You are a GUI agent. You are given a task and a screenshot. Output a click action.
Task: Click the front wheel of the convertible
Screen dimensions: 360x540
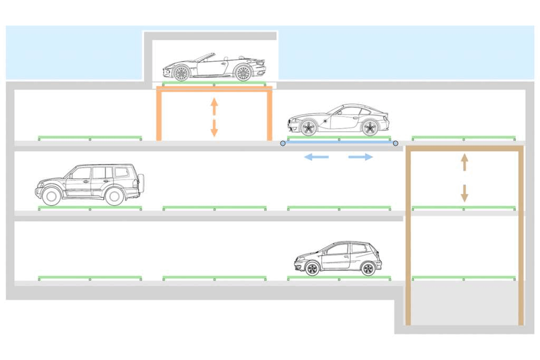click(181, 73)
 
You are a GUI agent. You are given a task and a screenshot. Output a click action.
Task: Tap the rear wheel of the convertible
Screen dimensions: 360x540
click(243, 73)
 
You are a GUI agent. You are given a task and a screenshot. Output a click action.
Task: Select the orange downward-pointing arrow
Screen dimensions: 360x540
click(214, 128)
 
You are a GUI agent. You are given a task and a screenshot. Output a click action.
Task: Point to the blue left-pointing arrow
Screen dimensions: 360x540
click(316, 157)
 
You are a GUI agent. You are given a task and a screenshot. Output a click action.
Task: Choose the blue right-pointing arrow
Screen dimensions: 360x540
click(361, 157)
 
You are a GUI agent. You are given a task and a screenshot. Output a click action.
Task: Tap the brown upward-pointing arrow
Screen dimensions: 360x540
click(464, 162)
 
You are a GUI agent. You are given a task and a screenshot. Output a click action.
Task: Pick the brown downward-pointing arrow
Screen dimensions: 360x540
click(464, 193)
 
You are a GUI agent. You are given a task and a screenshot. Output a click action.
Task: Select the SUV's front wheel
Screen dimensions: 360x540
click(52, 196)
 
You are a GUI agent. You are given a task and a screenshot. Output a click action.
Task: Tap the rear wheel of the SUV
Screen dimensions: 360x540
click(114, 196)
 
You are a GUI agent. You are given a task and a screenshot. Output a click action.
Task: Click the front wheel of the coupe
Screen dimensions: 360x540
click(308, 127)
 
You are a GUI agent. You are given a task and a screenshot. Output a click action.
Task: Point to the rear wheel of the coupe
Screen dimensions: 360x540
click(370, 127)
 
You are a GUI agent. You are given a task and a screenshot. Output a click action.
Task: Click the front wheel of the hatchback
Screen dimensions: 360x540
click(312, 268)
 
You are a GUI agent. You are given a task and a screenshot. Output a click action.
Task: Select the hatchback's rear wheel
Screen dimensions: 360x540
click(368, 268)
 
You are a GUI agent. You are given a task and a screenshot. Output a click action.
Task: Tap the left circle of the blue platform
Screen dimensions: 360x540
click(283, 143)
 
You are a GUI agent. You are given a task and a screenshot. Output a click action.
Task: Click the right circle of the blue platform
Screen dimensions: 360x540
click(396, 143)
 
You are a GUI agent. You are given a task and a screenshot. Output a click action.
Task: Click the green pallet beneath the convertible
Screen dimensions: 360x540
click(214, 83)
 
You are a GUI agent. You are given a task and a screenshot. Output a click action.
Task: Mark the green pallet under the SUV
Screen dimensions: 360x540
click(90, 208)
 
